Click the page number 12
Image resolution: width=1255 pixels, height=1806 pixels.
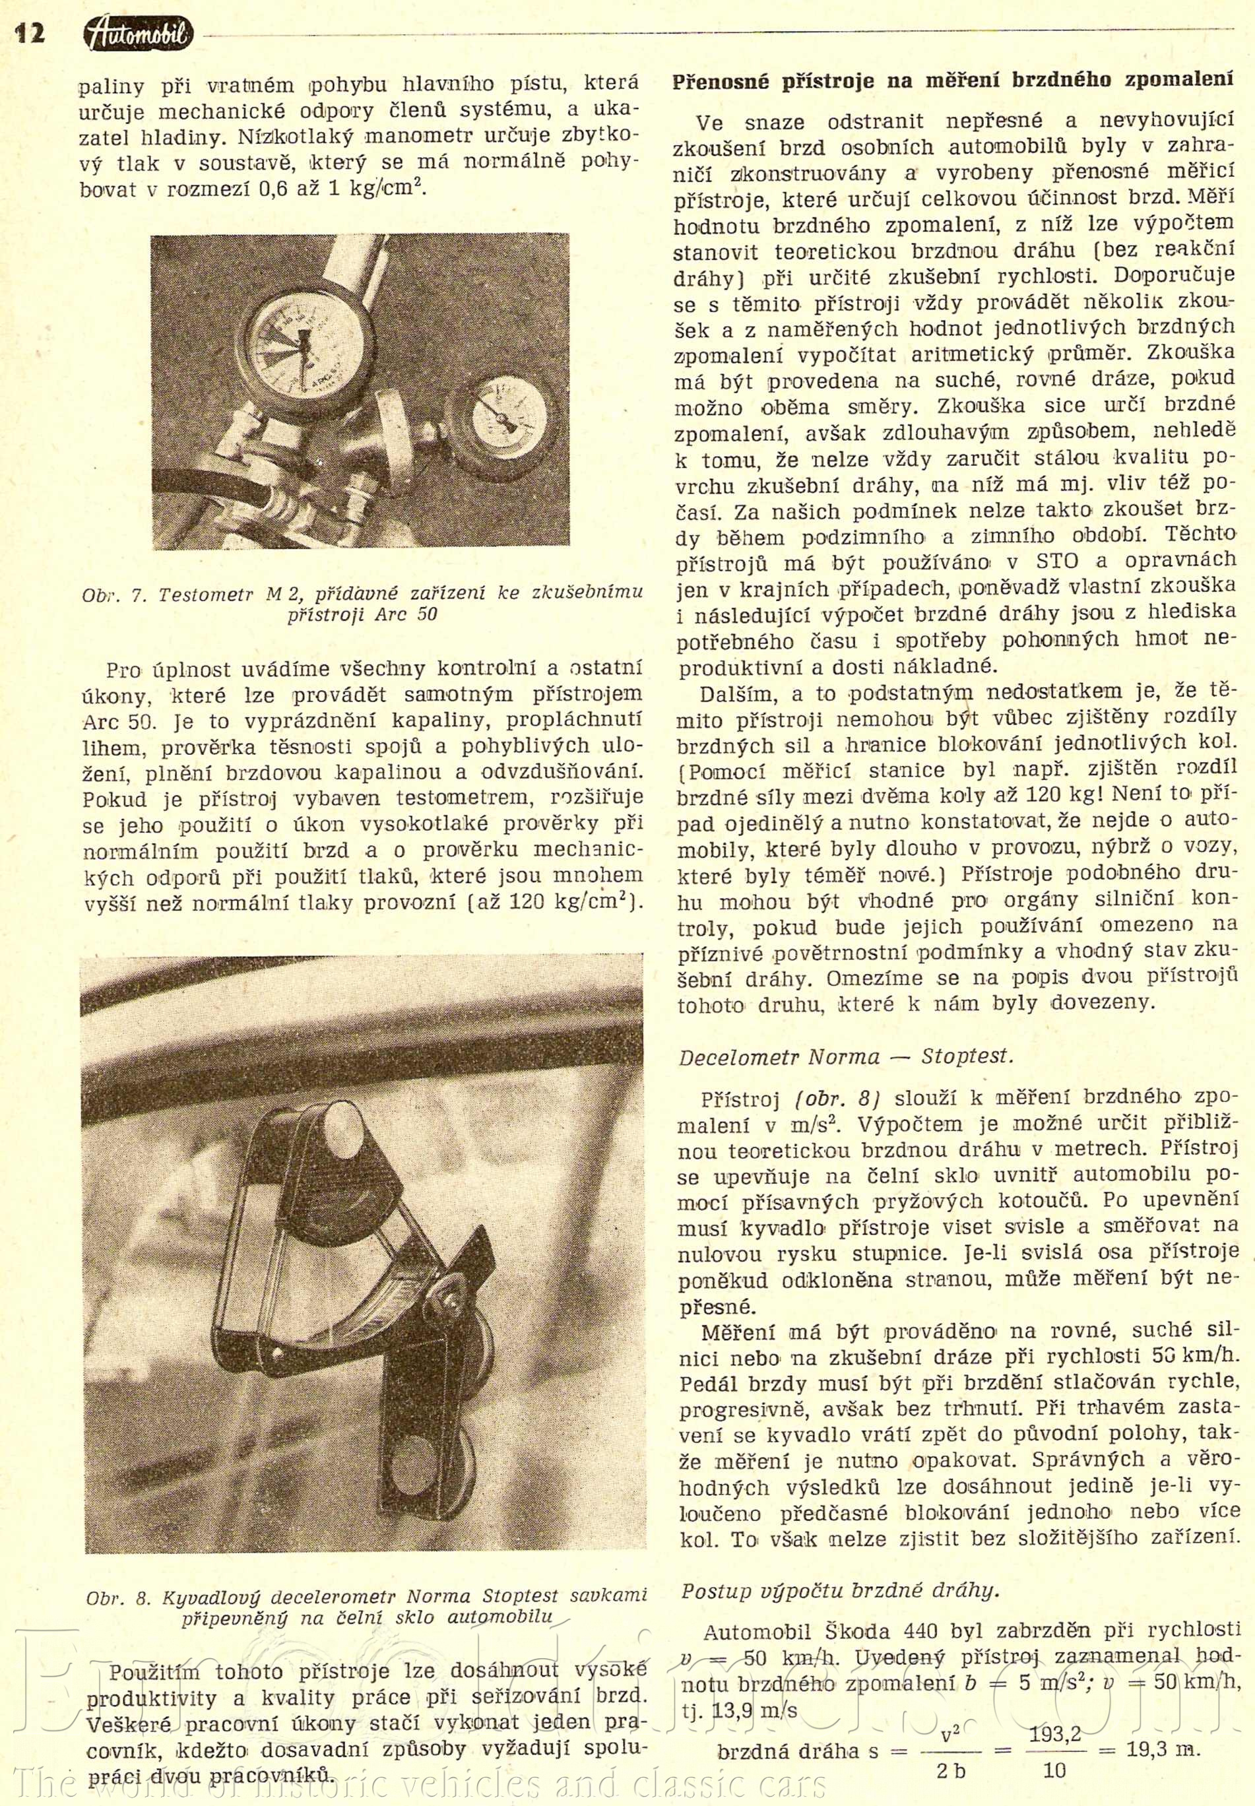(x=29, y=34)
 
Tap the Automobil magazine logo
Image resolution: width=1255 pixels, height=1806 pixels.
(x=139, y=34)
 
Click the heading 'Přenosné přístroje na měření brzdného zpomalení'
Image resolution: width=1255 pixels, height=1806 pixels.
(x=952, y=82)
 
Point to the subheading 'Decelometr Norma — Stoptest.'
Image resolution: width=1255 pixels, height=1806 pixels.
(x=846, y=1056)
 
